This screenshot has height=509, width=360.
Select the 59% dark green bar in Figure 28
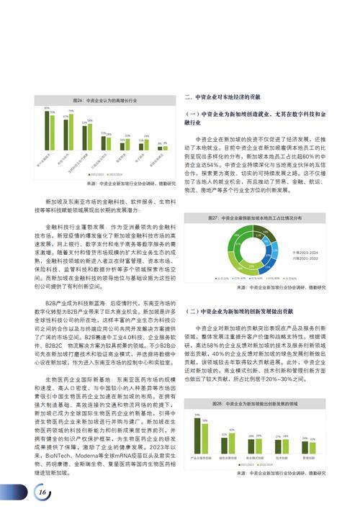point(197,433)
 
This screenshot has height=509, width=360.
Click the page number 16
point(42,490)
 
